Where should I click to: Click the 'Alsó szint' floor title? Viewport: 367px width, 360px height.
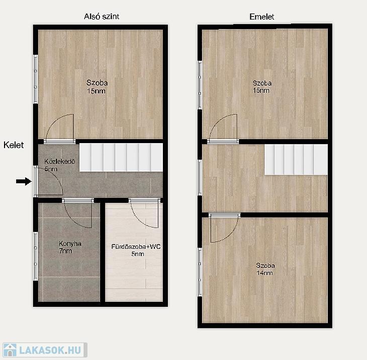[102, 17]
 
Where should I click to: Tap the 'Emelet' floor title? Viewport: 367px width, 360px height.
[261, 17]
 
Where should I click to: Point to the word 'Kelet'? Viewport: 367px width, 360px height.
[14, 145]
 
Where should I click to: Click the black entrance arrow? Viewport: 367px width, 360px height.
[24, 181]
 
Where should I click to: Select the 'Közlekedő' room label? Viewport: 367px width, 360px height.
[60, 161]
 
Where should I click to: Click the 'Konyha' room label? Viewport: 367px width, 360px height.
[70, 244]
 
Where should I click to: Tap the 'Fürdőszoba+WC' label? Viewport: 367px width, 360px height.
[136, 247]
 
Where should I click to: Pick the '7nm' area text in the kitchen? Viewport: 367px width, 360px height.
[65, 251]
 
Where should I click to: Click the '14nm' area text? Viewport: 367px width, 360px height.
[264, 273]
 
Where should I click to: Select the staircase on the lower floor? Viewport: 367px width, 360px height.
[121, 158]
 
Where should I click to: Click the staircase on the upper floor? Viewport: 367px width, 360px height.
[296, 160]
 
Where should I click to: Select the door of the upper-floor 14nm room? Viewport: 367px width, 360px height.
[224, 227]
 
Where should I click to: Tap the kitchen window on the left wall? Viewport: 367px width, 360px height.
[35, 256]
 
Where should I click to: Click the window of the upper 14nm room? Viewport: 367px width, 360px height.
[200, 272]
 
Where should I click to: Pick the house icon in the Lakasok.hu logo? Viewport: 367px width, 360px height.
[10, 350]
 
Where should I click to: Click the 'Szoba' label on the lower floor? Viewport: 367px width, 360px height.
[97, 82]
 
